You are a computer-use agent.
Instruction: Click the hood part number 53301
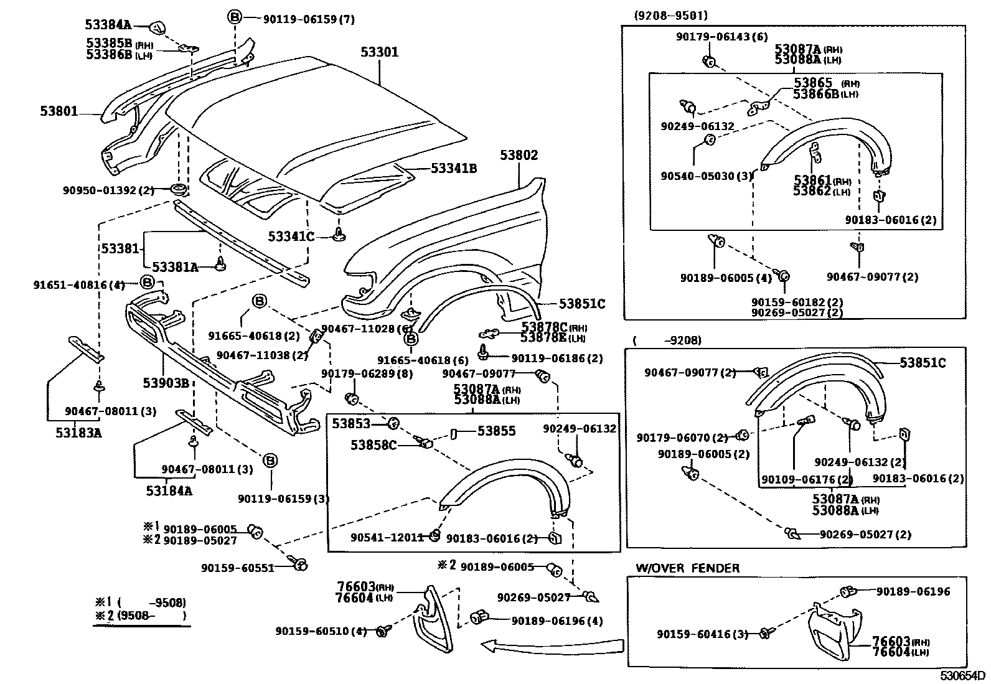click(379, 52)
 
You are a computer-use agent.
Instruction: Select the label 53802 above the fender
click(519, 155)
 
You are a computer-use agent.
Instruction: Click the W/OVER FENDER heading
click(687, 568)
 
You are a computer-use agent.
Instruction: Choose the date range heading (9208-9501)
click(670, 16)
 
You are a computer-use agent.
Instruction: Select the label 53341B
click(454, 168)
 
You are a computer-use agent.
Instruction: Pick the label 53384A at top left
click(108, 25)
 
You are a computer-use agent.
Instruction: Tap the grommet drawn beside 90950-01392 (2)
click(179, 190)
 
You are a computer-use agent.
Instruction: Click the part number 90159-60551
click(237, 568)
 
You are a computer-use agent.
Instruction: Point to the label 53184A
click(169, 491)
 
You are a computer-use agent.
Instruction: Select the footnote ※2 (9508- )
click(140, 616)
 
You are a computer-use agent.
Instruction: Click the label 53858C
click(373, 445)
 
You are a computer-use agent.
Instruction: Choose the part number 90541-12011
click(387, 537)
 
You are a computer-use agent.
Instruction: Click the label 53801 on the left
click(59, 111)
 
